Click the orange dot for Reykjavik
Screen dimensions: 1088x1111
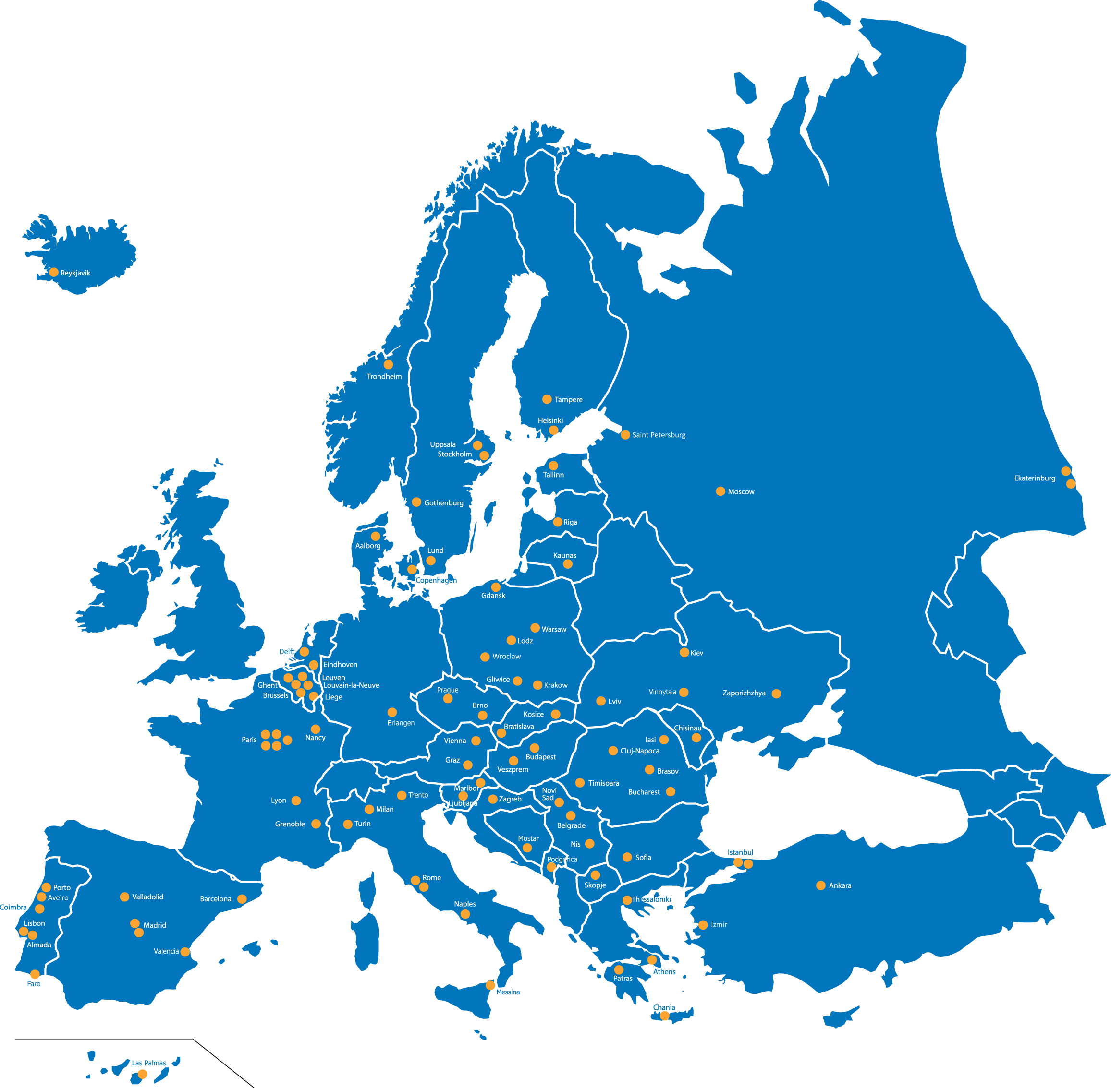click(54, 272)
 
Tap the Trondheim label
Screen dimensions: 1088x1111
click(384, 377)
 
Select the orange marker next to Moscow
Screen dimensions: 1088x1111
click(720, 491)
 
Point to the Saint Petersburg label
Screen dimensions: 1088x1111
click(659, 435)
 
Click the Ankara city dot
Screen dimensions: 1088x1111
click(820, 885)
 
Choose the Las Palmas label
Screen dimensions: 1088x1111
click(149, 1063)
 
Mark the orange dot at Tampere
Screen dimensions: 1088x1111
click(547, 399)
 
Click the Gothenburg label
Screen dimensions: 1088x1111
click(444, 503)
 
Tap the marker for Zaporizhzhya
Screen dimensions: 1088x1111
click(776, 693)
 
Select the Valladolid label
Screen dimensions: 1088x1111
click(147, 897)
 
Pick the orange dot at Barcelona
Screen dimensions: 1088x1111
click(242, 899)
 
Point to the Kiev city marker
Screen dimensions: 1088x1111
click(684, 652)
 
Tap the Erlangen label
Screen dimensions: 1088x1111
click(401, 723)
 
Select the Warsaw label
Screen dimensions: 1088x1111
click(554, 629)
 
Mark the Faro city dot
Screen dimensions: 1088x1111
click(35, 974)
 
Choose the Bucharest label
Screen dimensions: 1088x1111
click(644, 792)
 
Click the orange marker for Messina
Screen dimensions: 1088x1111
click(490, 985)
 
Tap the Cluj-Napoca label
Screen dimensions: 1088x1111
click(640, 751)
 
